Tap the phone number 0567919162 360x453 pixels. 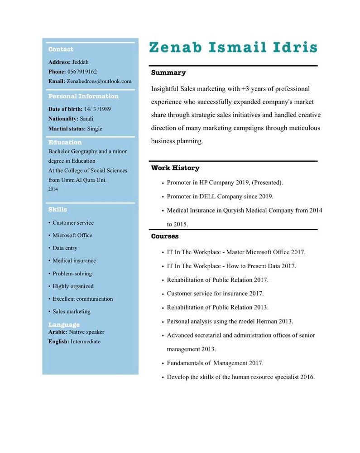pos(82,72)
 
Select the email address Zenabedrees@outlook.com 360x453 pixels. pos(99,81)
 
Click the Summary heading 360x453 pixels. pos(168,72)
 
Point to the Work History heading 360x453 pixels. pos(175,168)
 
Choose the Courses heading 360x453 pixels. pos(165,236)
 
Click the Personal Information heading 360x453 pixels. pos(83,96)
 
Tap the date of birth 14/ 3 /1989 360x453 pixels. pos(97,109)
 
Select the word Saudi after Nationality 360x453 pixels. pos(86,119)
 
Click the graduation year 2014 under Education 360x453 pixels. pos(53,189)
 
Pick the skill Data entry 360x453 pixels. pos(65,248)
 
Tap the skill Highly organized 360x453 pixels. pos(73,286)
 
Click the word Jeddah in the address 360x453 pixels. pos(81,62)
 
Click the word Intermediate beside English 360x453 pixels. pos(86,342)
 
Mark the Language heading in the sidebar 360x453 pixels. pos(64,325)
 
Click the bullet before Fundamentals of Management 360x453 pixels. pos(163,363)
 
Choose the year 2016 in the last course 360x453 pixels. pos(307,377)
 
